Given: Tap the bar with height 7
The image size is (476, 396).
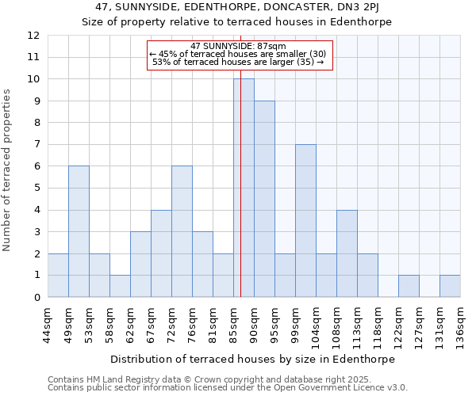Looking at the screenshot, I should point(305,221).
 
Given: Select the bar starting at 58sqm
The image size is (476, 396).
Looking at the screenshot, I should point(120,286).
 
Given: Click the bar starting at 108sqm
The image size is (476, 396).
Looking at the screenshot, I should point(347,253).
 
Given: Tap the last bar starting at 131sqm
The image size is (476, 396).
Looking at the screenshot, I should point(450,286).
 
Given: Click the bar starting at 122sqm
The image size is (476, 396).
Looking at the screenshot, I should point(409,286).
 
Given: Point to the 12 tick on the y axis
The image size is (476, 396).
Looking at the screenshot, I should point(33,36).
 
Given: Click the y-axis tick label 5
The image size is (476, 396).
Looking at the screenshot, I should point(36,188).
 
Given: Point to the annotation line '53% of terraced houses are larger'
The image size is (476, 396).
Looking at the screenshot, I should point(237,62).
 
